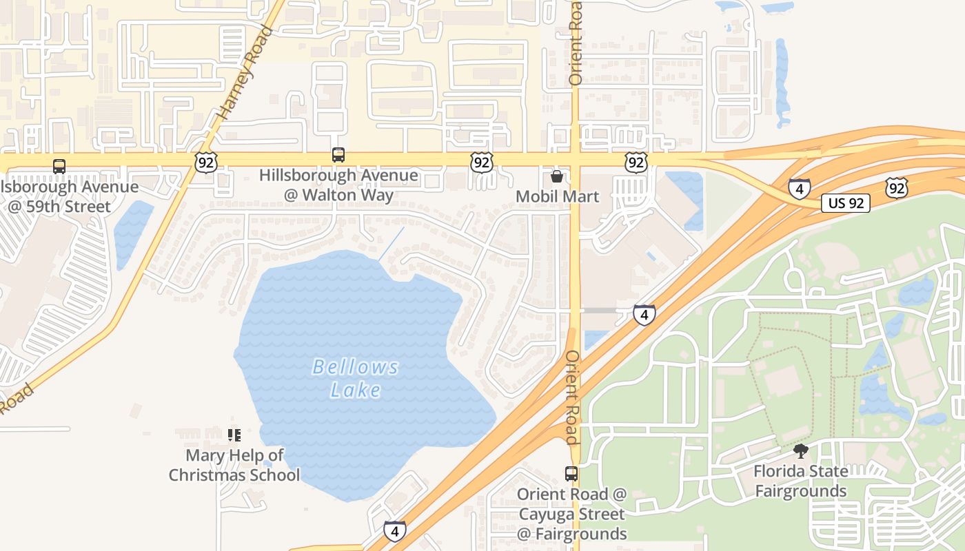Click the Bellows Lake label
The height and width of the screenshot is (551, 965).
click(356, 378)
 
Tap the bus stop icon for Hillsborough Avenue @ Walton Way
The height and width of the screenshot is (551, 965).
click(338, 155)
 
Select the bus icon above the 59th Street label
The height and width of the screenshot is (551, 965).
click(59, 166)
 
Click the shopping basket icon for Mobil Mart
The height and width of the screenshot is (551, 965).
click(557, 176)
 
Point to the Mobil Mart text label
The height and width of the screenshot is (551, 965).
click(557, 196)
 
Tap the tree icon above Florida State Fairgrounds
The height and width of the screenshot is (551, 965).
click(800, 452)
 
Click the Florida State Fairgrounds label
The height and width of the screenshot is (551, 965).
click(800, 481)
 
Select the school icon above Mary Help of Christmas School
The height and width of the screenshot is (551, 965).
click(234, 435)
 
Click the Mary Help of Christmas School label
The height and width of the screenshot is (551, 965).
click(234, 465)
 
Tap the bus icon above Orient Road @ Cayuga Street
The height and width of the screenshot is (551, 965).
click(571, 474)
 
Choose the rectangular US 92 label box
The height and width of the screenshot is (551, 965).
click(845, 203)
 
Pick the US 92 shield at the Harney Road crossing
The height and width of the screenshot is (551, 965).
click(205, 163)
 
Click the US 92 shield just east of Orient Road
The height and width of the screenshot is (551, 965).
click(636, 163)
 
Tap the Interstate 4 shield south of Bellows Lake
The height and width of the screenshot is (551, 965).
click(394, 531)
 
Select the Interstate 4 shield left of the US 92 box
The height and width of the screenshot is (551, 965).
click(800, 188)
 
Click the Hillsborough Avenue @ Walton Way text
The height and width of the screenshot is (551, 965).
click(338, 185)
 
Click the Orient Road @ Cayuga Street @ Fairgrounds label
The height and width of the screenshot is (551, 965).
click(571, 514)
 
